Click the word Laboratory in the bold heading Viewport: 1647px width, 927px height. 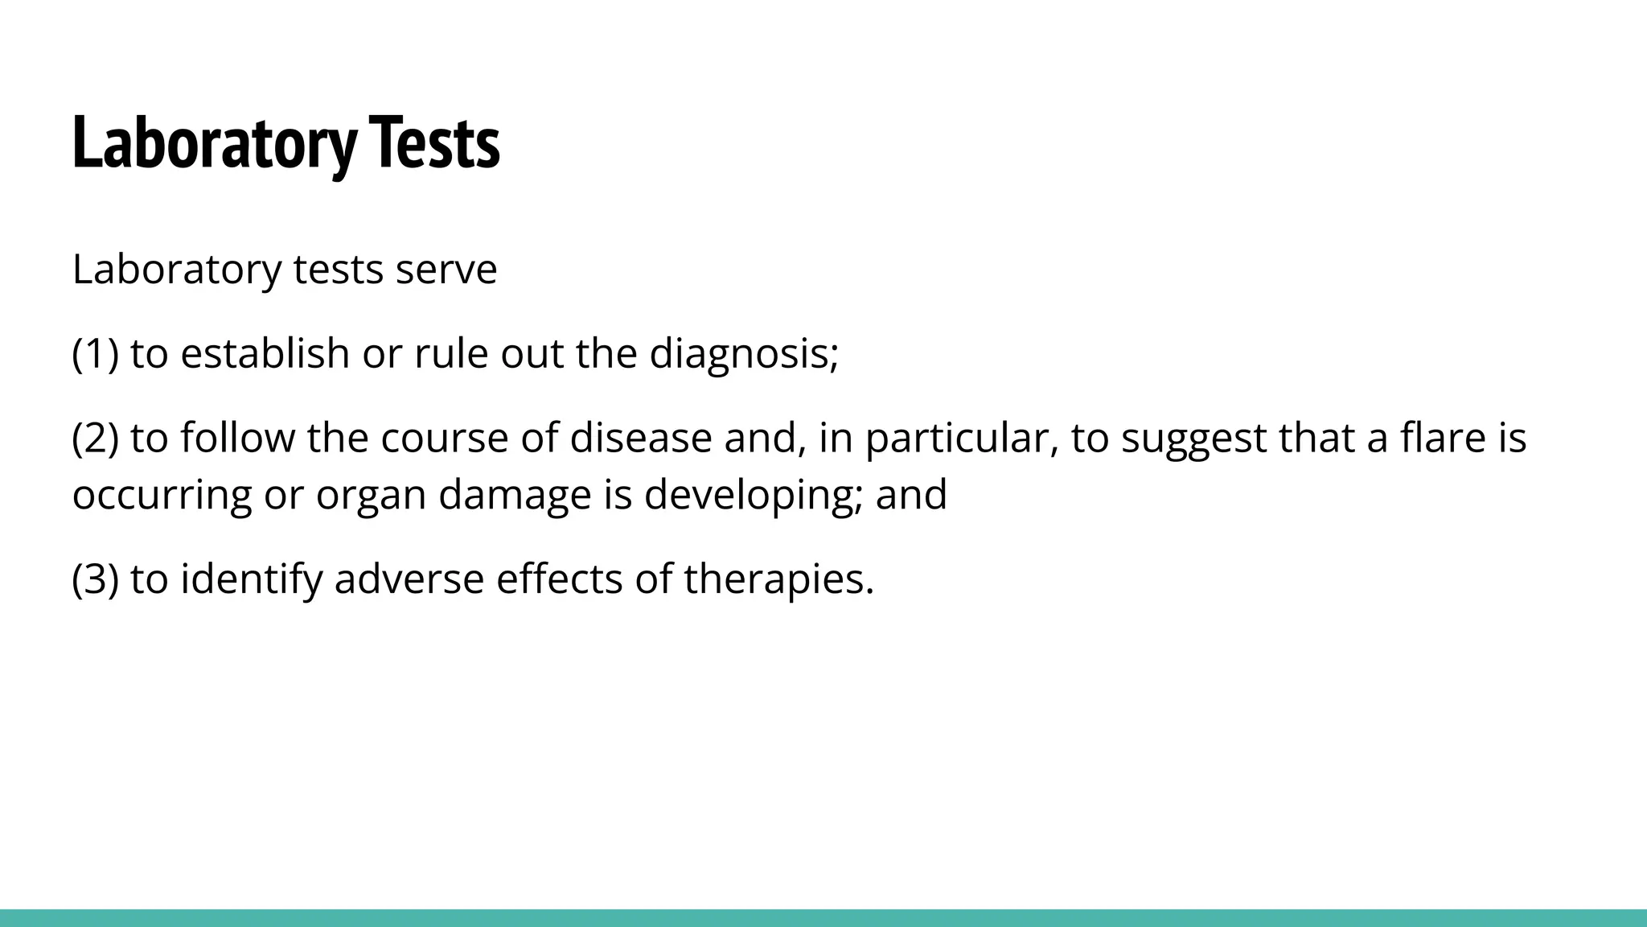(x=214, y=143)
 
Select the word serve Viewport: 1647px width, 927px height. (x=446, y=270)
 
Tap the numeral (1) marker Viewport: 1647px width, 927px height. (x=95, y=353)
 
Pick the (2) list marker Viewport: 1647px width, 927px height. (x=95, y=438)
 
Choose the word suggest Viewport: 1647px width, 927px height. (x=1193, y=439)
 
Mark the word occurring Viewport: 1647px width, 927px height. (x=162, y=494)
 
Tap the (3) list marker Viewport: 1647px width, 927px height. (x=95, y=579)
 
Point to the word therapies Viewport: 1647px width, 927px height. (x=778, y=579)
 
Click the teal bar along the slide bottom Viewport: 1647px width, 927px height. (x=823, y=918)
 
